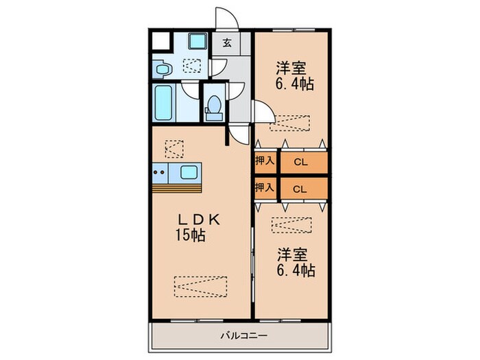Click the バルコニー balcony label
click(244, 336)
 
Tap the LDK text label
click(200, 219)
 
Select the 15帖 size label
click(190, 235)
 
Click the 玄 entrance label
click(227, 43)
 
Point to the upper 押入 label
click(265, 160)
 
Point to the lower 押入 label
click(265, 187)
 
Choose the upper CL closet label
click(300, 163)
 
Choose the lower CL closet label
click(300, 189)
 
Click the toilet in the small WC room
click(214, 108)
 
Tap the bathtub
click(163, 103)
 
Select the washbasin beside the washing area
click(163, 69)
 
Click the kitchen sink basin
click(189, 172)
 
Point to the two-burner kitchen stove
click(160, 173)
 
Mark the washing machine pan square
click(197, 41)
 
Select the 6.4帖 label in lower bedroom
click(296, 270)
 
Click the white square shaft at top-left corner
click(160, 41)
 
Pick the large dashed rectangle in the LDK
click(201, 287)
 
